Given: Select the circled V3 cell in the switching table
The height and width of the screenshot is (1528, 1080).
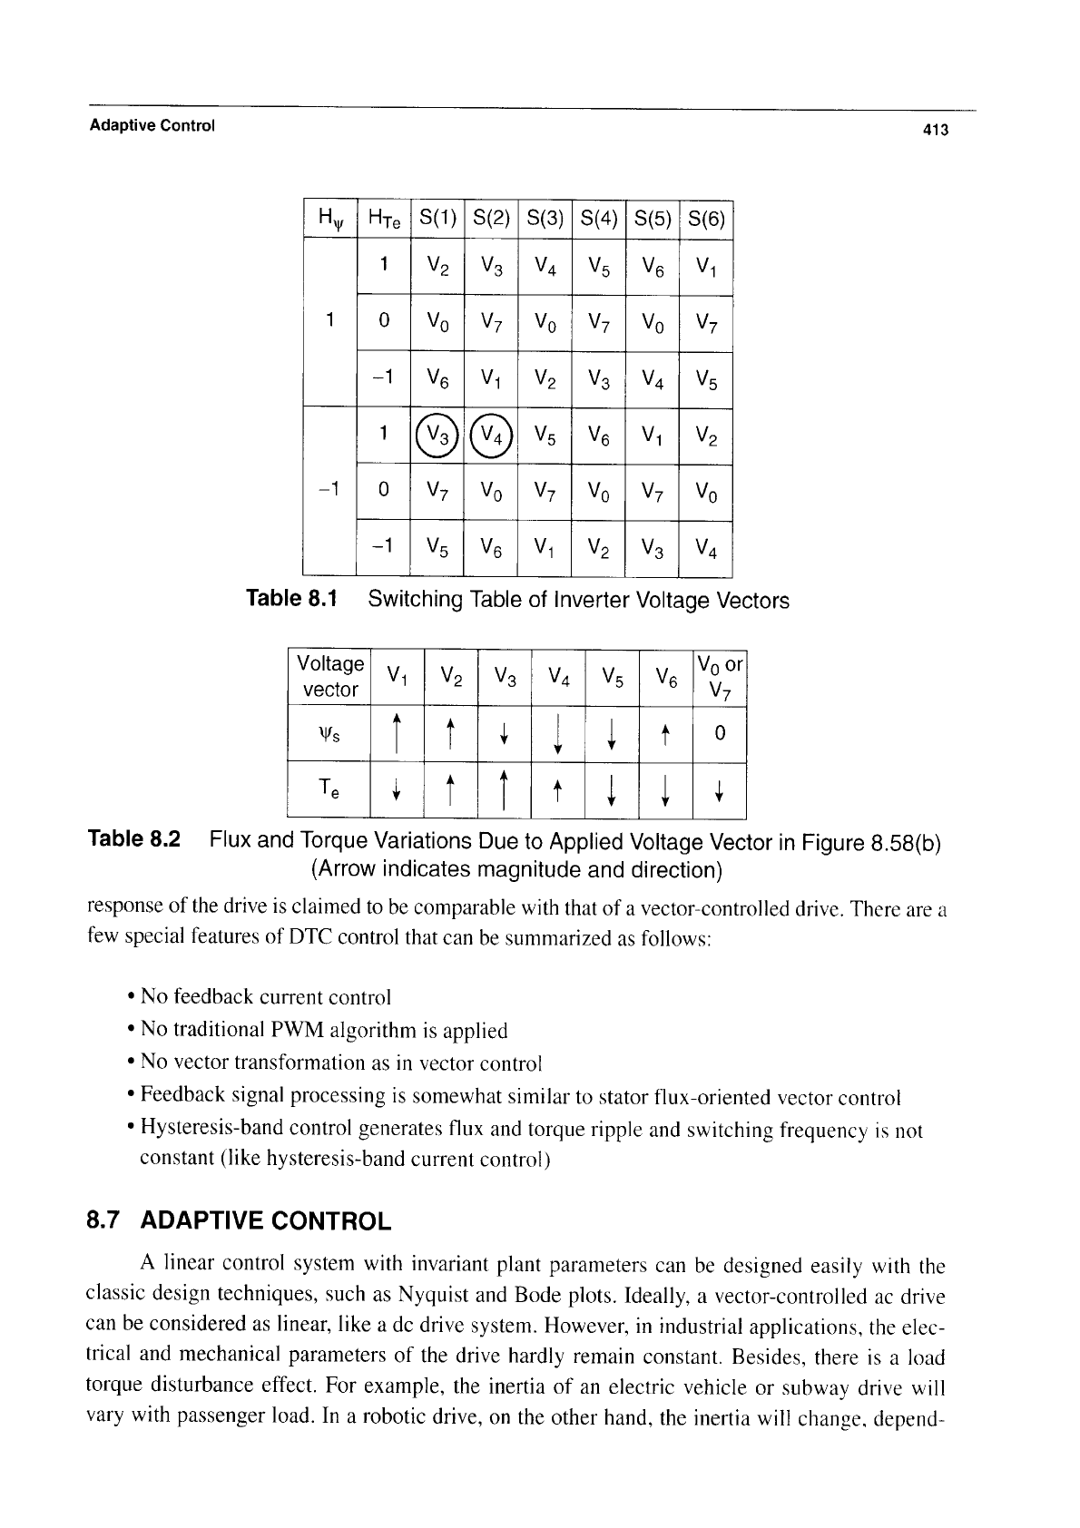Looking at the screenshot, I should [x=437, y=436].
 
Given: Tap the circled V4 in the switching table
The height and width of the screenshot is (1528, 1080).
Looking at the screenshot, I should [x=491, y=436].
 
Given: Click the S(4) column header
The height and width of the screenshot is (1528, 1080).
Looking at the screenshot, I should [x=598, y=218].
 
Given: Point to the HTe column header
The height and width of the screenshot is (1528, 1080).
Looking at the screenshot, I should [x=384, y=218].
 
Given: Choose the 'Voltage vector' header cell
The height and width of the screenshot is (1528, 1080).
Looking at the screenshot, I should [x=330, y=677].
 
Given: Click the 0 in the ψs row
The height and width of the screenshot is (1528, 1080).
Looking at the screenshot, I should [x=719, y=733].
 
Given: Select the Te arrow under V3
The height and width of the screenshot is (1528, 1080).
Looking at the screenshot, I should [x=504, y=788].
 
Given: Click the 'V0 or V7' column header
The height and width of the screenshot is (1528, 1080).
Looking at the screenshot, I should [x=719, y=677].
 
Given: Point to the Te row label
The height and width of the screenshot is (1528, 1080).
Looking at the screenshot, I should [x=330, y=789].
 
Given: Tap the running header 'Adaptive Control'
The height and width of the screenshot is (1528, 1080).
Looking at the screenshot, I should [x=152, y=125].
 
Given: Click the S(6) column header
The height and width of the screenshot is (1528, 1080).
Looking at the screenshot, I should [x=705, y=218].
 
